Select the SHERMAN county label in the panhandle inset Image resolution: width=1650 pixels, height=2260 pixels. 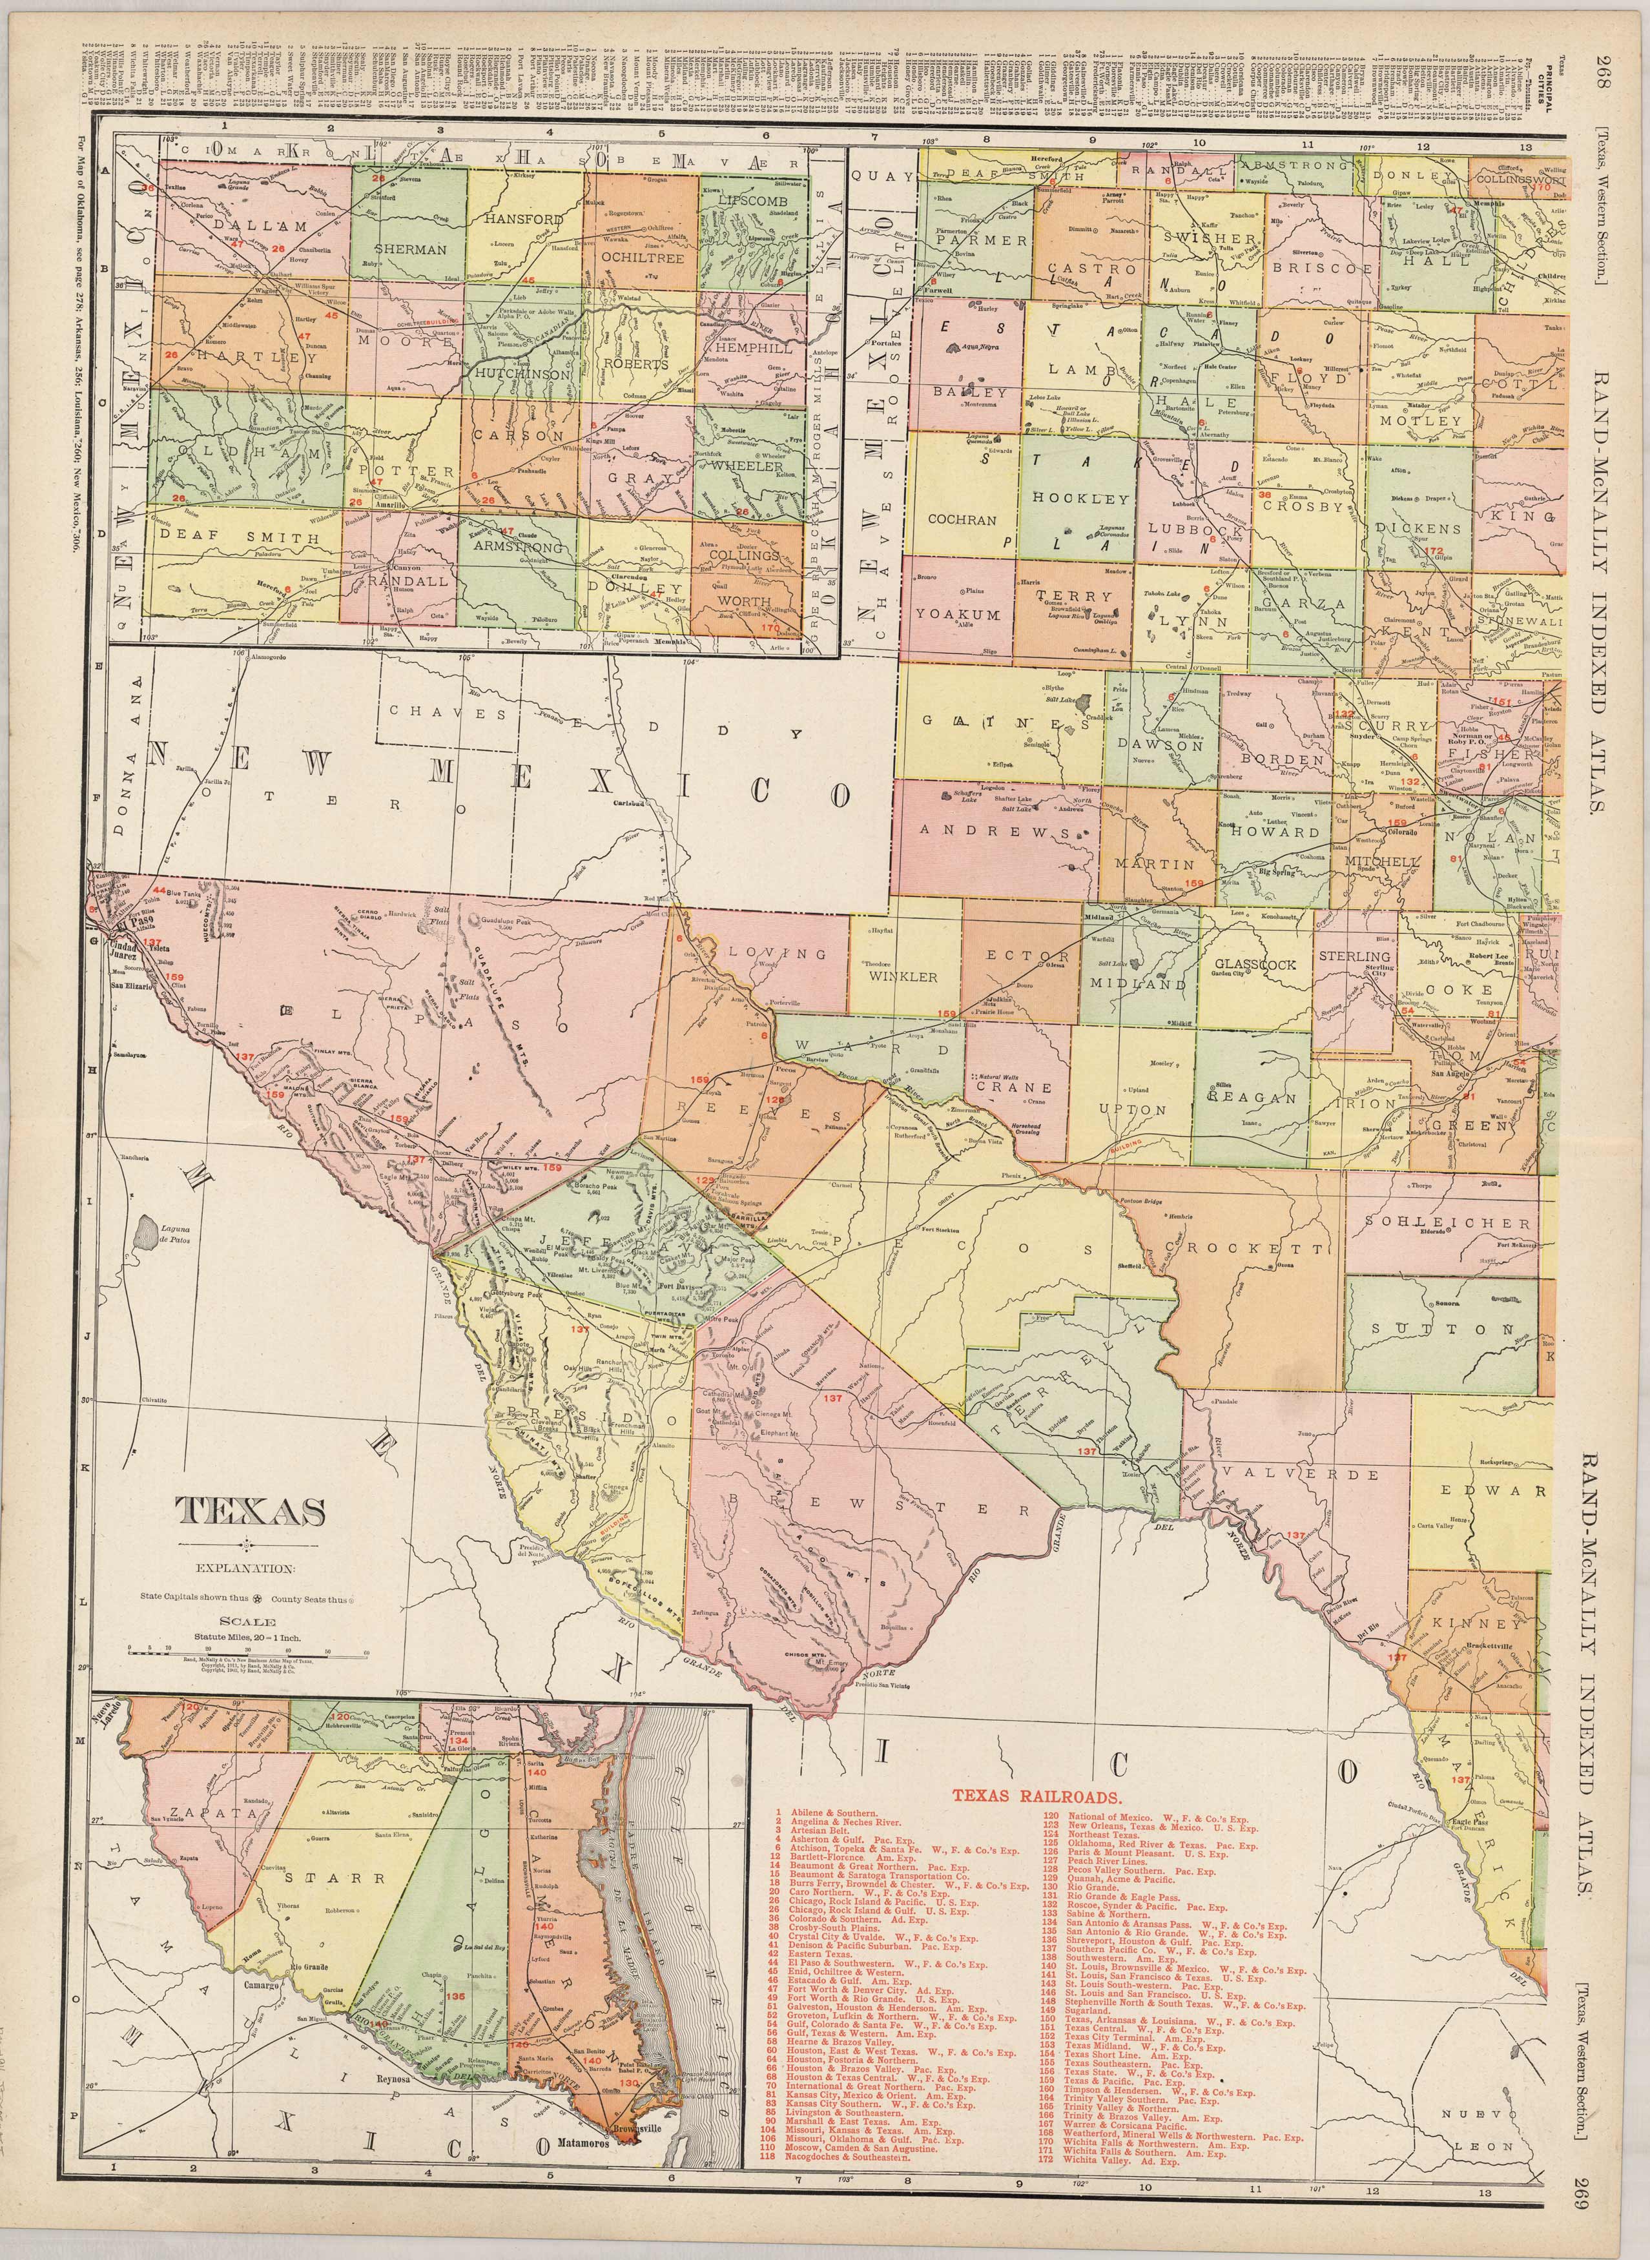coord(411,250)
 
